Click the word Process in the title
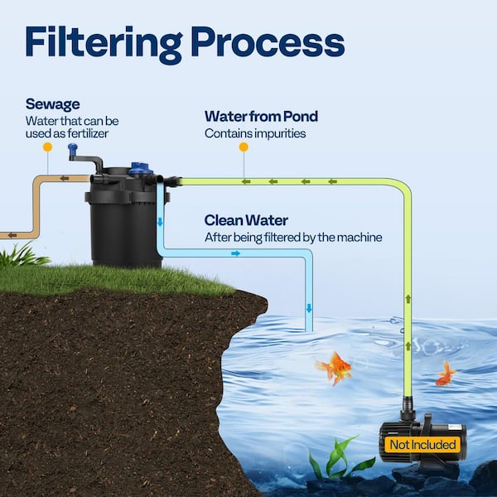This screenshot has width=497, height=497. tap(264, 42)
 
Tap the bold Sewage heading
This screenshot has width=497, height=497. tap(52, 105)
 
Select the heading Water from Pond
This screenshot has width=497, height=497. tap(261, 116)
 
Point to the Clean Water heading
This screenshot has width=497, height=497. tap(246, 221)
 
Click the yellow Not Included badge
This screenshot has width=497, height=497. tap(422, 445)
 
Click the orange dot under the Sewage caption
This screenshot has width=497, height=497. tap(47, 147)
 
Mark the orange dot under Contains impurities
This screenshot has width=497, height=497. tap(244, 147)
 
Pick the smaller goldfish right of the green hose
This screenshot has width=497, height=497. tap(446, 374)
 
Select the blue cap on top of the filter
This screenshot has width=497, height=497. tap(142, 168)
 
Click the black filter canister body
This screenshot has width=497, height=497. tap(127, 228)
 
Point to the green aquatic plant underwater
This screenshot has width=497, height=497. tap(338, 458)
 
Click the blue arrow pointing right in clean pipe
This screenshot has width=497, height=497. tap(235, 253)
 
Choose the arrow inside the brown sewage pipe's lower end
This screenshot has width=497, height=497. tap(12, 234)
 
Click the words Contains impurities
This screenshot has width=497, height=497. tap(255, 133)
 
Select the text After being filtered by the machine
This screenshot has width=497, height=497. tap(293, 238)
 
